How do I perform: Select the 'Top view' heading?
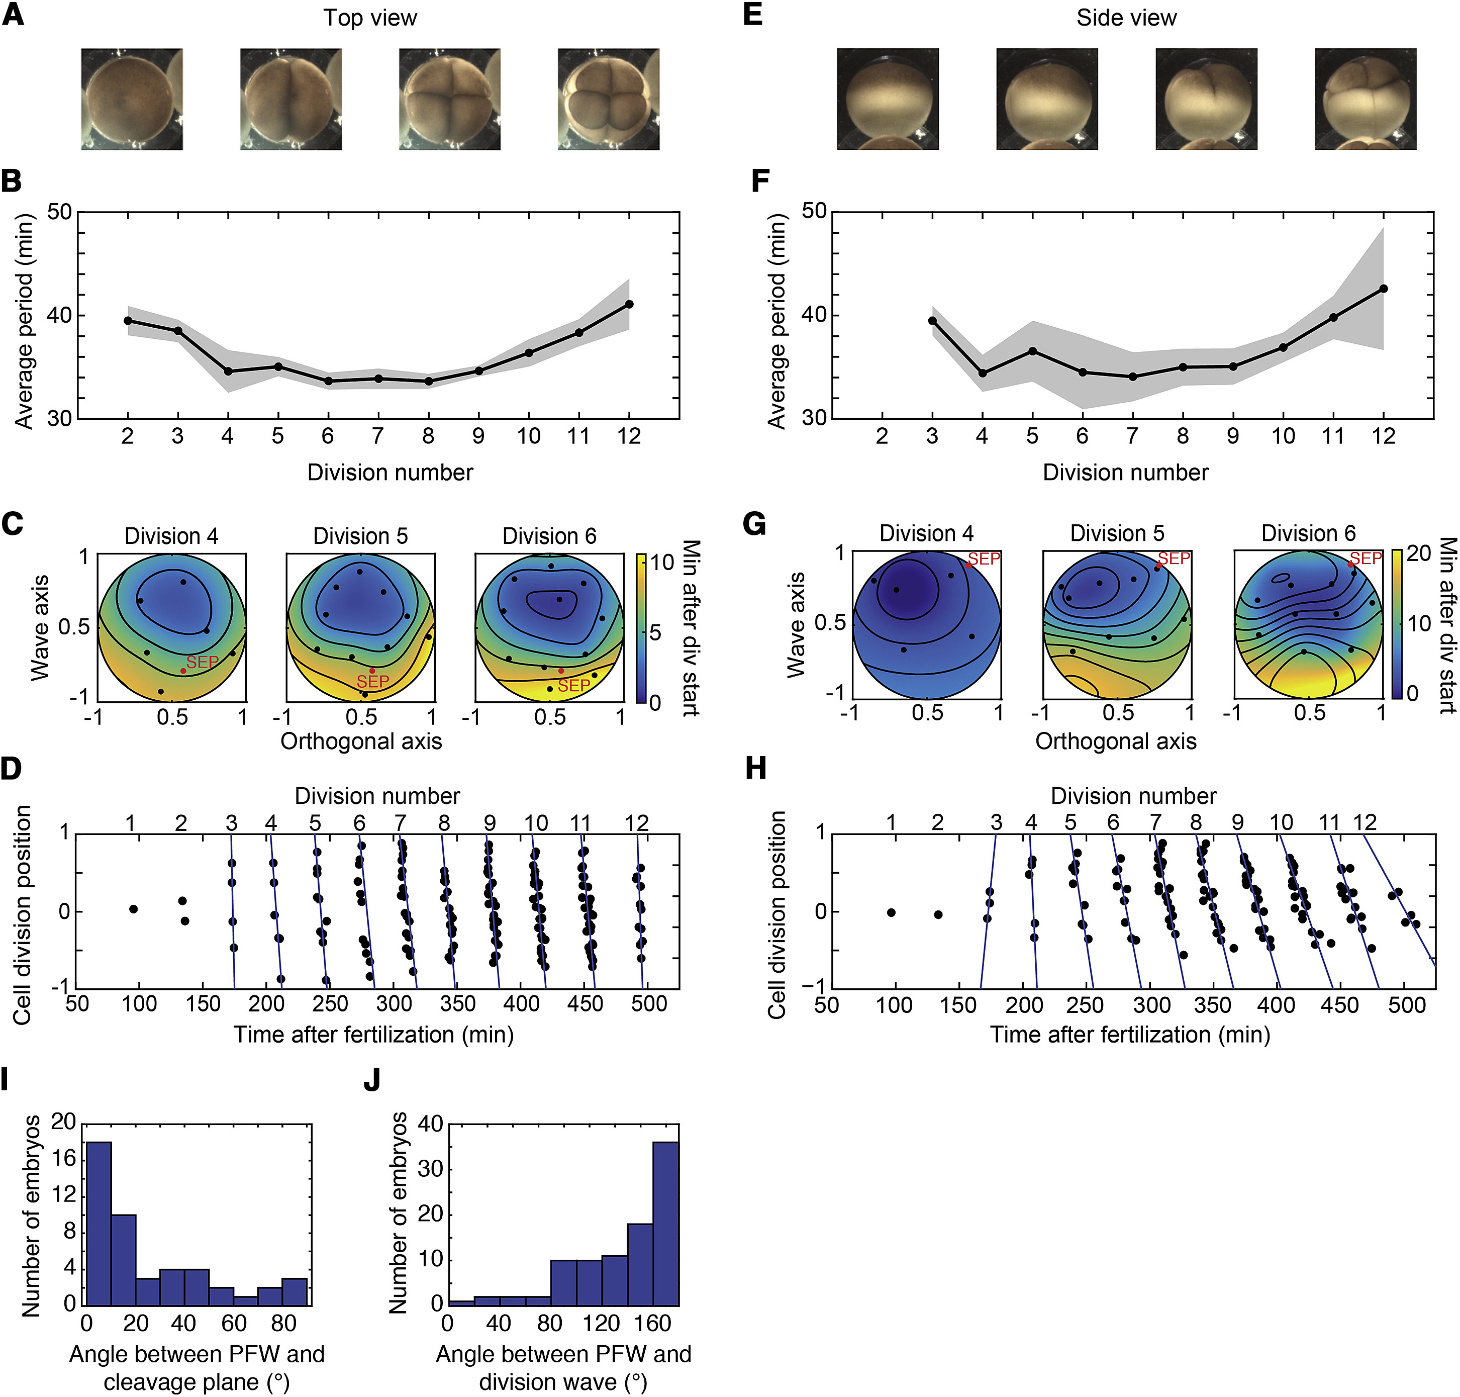(x=370, y=18)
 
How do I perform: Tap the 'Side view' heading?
(x=1126, y=18)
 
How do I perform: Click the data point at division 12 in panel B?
(x=629, y=304)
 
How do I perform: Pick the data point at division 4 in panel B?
(x=228, y=371)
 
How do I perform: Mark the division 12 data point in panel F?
(x=1383, y=288)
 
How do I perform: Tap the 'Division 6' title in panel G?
(x=1308, y=533)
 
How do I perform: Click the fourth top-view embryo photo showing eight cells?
(x=608, y=99)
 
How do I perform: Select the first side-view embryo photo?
(x=888, y=99)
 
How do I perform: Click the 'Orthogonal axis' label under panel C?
(x=361, y=741)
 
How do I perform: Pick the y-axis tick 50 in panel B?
(x=60, y=212)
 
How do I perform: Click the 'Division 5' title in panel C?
(x=360, y=536)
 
